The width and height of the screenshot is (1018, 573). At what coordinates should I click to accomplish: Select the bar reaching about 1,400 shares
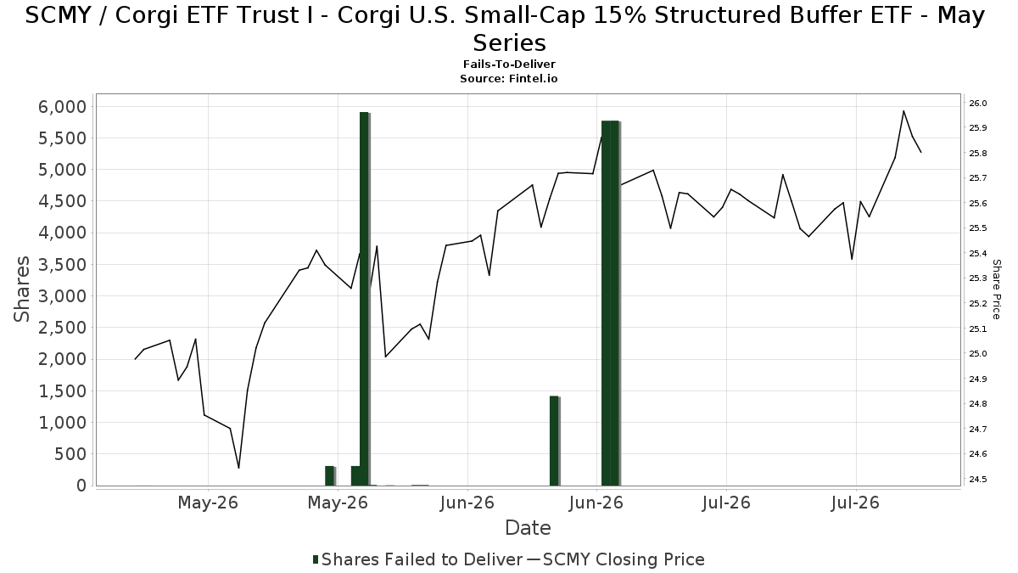(x=555, y=441)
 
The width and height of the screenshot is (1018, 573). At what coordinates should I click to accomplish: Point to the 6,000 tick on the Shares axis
(x=62, y=107)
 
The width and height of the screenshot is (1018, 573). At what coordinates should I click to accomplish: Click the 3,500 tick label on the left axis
(x=62, y=265)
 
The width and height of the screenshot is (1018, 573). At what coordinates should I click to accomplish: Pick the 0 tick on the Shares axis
(x=81, y=486)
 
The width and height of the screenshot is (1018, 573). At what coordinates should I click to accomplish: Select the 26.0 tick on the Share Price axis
(x=978, y=104)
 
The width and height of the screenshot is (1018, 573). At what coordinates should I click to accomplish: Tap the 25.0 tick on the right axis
(x=978, y=353)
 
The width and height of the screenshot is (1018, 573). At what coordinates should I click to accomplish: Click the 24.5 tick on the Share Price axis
(x=978, y=479)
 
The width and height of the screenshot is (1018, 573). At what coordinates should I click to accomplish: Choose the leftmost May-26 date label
(x=208, y=503)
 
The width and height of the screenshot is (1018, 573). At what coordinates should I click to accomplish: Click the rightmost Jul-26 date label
(x=856, y=503)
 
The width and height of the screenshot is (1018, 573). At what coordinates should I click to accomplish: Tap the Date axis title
(x=528, y=528)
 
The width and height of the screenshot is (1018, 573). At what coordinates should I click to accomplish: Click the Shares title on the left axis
(x=21, y=289)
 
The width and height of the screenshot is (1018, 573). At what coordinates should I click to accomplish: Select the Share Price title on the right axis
(x=996, y=289)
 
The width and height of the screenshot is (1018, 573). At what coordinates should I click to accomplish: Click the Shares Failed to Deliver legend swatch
(x=316, y=559)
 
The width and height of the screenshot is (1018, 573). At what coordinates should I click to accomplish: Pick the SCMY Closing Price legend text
(x=624, y=559)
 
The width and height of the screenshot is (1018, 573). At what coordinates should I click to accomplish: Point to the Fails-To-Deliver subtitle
(x=509, y=65)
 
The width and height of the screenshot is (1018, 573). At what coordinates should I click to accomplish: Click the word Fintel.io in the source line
(x=533, y=79)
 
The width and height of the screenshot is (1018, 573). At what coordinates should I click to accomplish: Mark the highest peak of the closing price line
(x=903, y=110)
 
